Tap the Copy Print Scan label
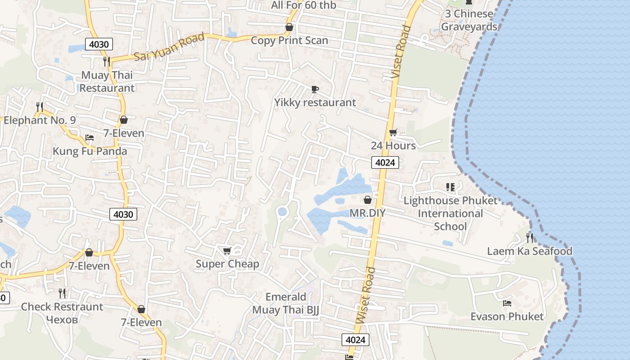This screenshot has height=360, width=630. pyautogui.click(x=289, y=40)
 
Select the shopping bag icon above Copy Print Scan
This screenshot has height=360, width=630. pyautogui.click(x=289, y=27)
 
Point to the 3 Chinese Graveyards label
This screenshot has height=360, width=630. pyautogui.click(x=469, y=20)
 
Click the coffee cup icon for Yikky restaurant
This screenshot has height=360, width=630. pyautogui.click(x=315, y=89)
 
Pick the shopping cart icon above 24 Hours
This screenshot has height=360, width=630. pyautogui.click(x=393, y=133)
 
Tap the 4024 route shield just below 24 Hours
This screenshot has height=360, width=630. pyautogui.click(x=385, y=162)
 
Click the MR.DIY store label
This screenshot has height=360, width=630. pyautogui.click(x=368, y=213)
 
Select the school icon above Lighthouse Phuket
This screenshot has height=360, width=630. pyautogui.click(x=450, y=187)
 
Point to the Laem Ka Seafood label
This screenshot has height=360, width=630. pyautogui.click(x=530, y=251)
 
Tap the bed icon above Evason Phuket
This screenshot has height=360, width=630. pyautogui.click(x=507, y=303)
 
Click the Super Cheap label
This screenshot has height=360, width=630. pyautogui.click(x=227, y=264)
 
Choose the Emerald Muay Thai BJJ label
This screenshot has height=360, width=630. pyautogui.click(x=286, y=303)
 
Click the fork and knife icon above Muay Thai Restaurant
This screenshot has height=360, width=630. pyautogui.click(x=107, y=61)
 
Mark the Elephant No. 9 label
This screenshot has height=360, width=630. pyautogui.click(x=40, y=120)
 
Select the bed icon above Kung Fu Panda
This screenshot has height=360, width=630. pyautogui.click(x=90, y=138)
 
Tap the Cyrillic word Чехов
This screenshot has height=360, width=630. pyautogui.click(x=62, y=319)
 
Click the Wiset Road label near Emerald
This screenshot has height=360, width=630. pyautogui.click(x=365, y=295)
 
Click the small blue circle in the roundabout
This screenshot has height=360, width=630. pyautogui.click(x=283, y=211)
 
